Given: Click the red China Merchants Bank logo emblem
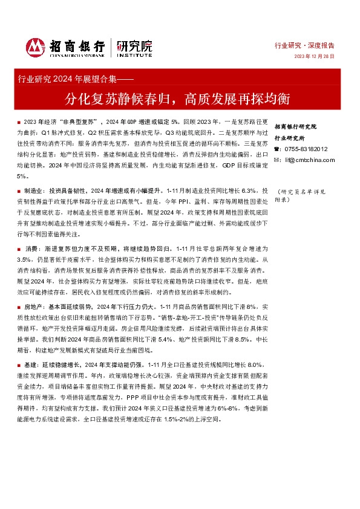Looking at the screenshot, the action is click(36, 47).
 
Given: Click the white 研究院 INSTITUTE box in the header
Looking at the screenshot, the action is click(134, 47).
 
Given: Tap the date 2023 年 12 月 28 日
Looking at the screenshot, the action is click(314, 57).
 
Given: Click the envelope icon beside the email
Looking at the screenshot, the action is click(277, 160).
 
